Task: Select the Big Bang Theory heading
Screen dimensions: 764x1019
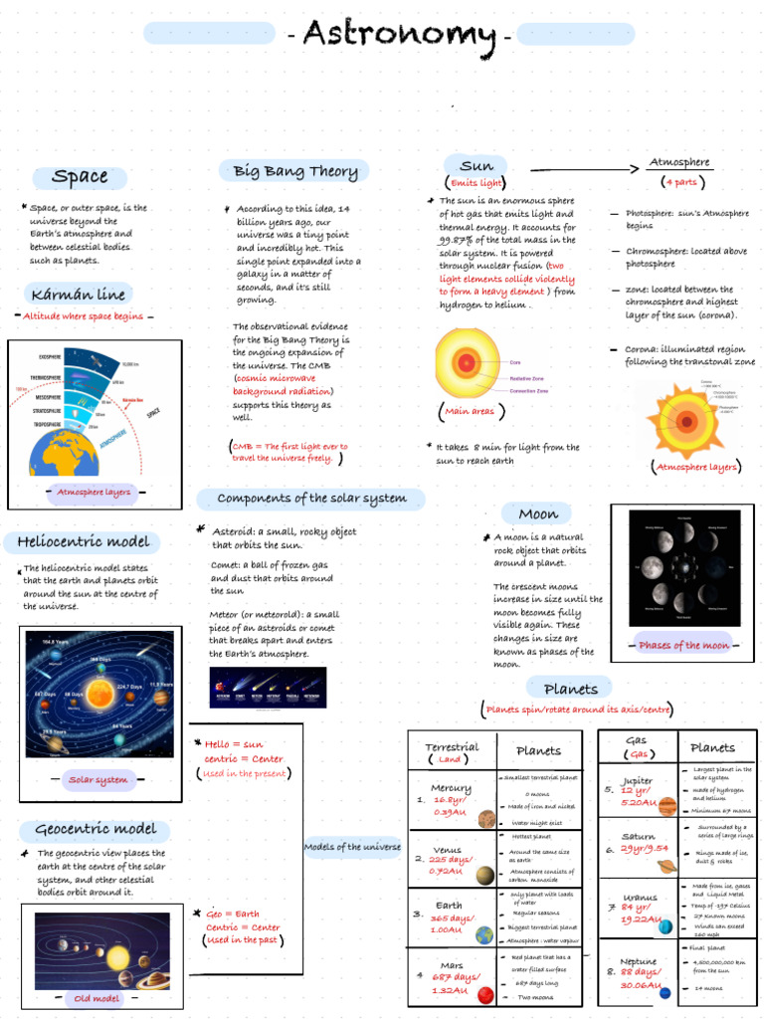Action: pos(295,171)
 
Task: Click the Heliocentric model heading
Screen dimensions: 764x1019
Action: pos(84,542)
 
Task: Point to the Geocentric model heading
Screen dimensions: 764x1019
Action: pos(95,829)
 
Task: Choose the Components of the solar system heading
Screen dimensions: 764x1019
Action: pos(311,499)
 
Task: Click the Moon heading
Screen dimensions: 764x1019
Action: pos(538,514)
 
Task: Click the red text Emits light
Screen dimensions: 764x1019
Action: pos(477,183)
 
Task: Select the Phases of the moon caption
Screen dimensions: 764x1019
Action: pos(684,645)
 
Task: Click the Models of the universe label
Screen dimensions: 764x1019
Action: pos(352,847)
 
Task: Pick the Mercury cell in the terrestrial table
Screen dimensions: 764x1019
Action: pos(451,800)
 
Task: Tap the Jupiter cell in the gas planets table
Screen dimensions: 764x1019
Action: pos(637,790)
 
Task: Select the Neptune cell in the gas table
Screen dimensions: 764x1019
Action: pos(638,972)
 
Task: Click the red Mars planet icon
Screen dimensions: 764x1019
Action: pos(485,995)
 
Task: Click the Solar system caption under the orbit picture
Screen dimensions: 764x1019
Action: pos(97,779)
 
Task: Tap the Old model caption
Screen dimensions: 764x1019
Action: pos(96,998)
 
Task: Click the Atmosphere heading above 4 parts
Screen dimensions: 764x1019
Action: pos(679,162)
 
